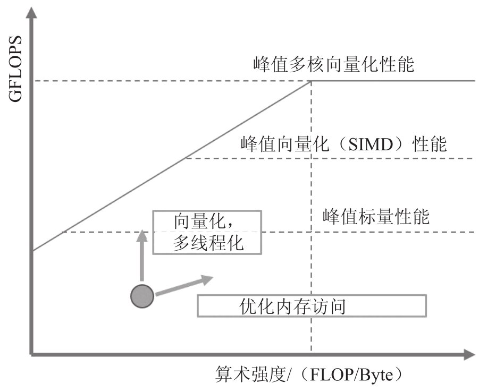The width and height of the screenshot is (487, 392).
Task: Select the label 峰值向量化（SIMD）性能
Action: tap(343, 144)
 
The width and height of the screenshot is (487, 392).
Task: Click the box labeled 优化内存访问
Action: tap(312, 306)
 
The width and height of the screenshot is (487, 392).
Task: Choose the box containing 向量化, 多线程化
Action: tap(207, 232)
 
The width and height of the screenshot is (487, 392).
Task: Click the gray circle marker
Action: tap(142, 296)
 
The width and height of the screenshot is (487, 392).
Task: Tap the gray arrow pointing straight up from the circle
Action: tap(142, 255)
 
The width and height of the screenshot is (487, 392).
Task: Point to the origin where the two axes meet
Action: tap(33, 354)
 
